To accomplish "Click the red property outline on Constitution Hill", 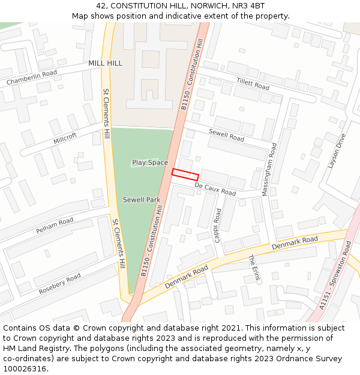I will (185, 175).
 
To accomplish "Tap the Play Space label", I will (150, 163).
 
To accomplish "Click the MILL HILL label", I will (105, 63).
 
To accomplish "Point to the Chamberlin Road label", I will (32, 77).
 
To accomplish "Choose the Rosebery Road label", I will (59, 284).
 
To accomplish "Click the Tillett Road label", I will (253, 84).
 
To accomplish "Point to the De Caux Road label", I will (215, 190).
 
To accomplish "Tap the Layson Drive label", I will (337, 151).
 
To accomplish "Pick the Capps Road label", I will (218, 226).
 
